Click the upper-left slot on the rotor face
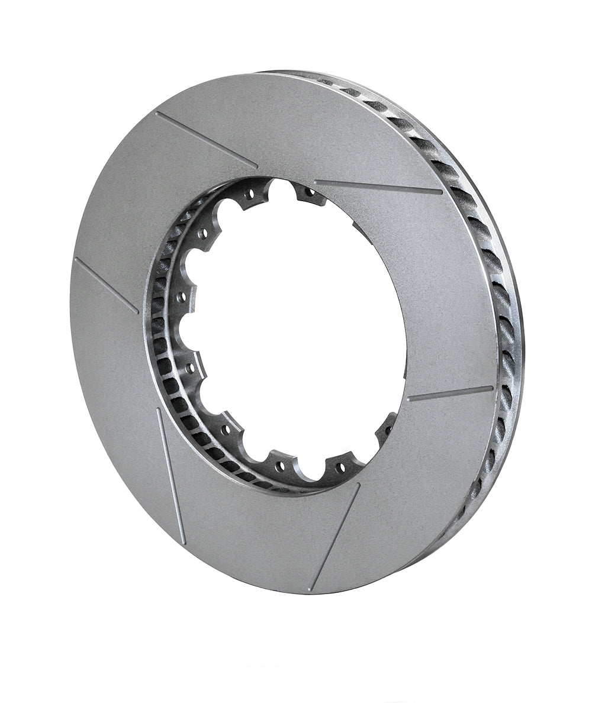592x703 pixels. point(206,140)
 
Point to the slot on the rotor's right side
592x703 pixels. point(450,394)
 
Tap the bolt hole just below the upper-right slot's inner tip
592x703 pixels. point(309,191)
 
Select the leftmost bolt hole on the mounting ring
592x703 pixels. point(182,294)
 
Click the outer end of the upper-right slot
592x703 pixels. point(441,191)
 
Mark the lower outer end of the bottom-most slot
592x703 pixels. point(311,589)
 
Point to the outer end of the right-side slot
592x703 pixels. point(491,388)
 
